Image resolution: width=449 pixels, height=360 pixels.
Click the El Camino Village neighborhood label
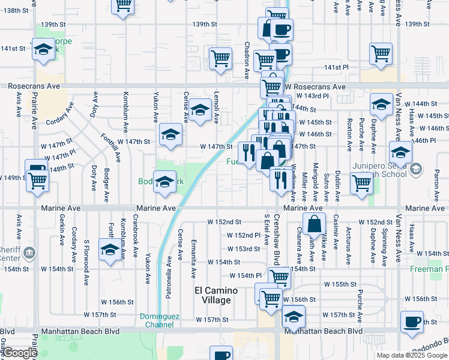pos(215,295)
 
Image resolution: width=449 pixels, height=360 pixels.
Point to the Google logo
pos(19,353)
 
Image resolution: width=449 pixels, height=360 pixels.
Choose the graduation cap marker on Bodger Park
pos(164,181)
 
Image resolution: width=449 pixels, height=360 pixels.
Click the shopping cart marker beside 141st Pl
pos(381,53)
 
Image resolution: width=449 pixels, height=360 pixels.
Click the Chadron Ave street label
pos(247,60)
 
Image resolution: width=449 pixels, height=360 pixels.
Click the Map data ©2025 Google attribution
pos(412,355)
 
